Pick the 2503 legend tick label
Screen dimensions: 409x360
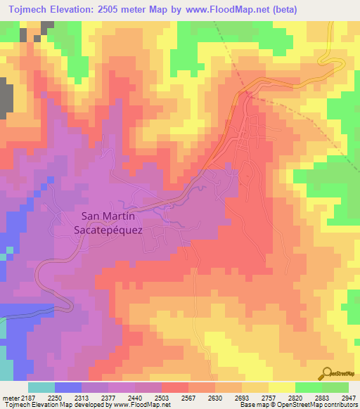click(x=162, y=397)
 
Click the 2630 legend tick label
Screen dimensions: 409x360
click(x=215, y=397)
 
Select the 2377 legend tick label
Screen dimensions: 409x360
click(x=109, y=397)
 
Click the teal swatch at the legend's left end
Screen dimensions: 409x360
click(x=41, y=387)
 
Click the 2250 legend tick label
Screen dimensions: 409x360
click(x=56, y=397)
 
